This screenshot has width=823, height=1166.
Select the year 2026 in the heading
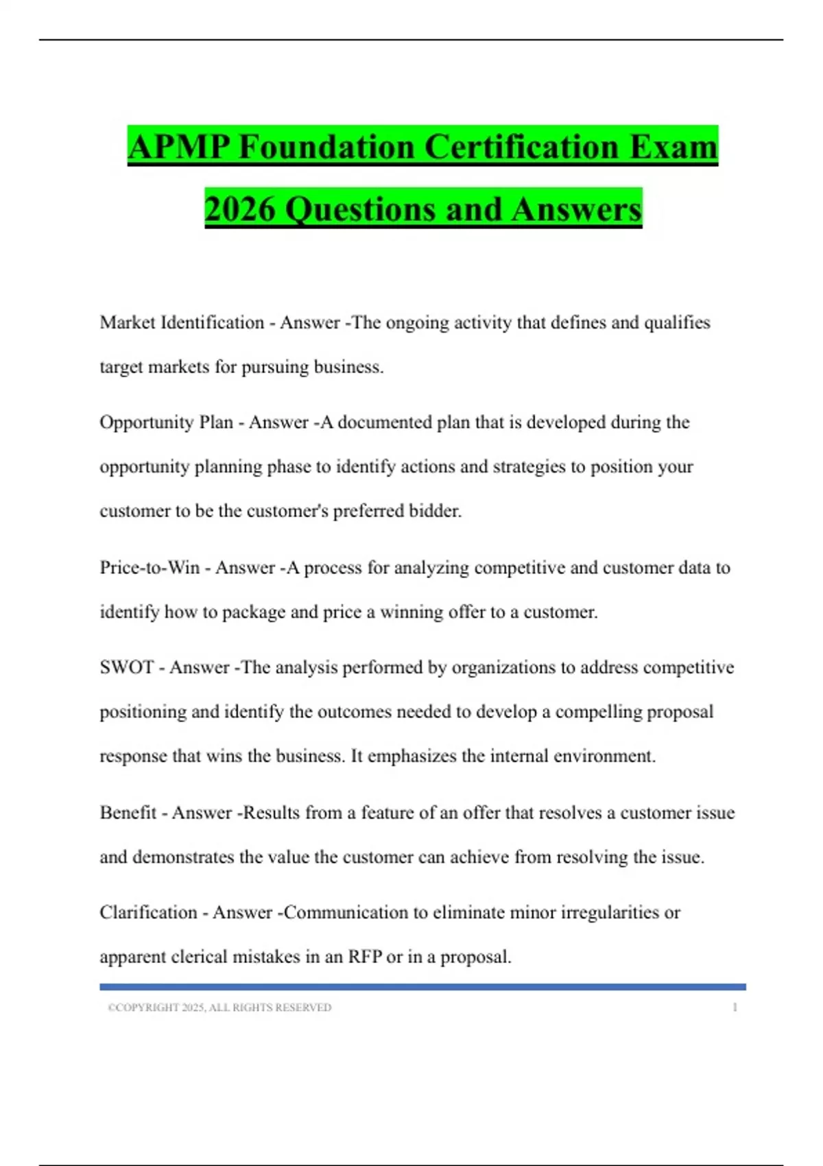pos(239,209)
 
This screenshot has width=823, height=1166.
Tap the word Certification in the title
pos(523,147)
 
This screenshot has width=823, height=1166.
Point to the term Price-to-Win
pos(150,568)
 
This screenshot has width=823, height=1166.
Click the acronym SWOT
pos(126,667)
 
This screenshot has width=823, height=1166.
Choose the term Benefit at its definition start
pos(128,813)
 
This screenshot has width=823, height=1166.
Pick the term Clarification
pos(148,913)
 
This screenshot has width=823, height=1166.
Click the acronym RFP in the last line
pos(364,957)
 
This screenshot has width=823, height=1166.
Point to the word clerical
pos(199,957)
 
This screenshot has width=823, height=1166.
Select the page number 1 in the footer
pos(735,1008)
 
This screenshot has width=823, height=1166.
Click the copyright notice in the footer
pos(219,1008)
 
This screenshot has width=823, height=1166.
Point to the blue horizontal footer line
pos(422,987)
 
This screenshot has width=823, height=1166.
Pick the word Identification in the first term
pos(212,322)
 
